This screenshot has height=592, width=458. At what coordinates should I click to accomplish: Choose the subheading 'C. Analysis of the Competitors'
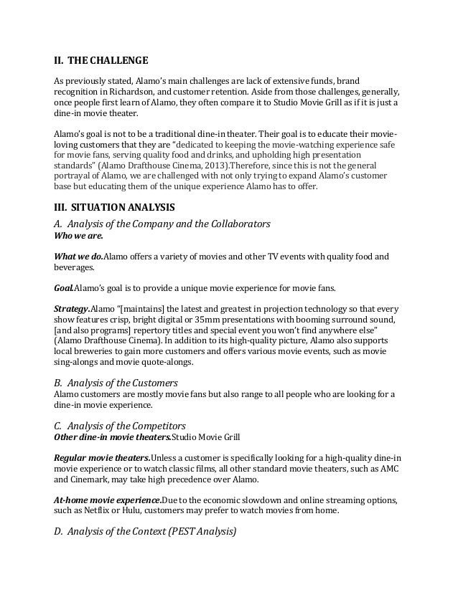pos(121,426)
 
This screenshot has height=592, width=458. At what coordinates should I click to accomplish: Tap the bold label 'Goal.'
pos(65,288)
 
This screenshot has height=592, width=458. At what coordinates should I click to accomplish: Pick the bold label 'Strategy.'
pos(73,309)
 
